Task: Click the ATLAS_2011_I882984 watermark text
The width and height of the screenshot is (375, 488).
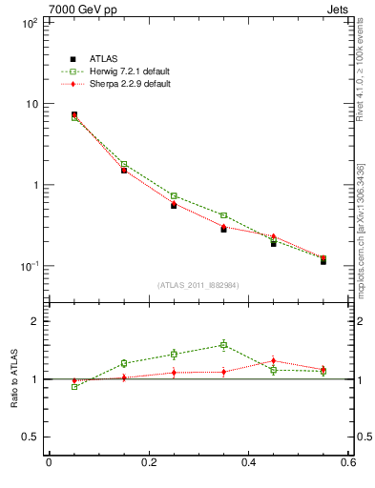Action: (x=198, y=285)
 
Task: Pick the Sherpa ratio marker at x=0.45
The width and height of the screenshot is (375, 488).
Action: (x=273, y=361)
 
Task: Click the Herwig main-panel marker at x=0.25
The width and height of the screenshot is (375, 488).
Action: (x=174, y=195)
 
